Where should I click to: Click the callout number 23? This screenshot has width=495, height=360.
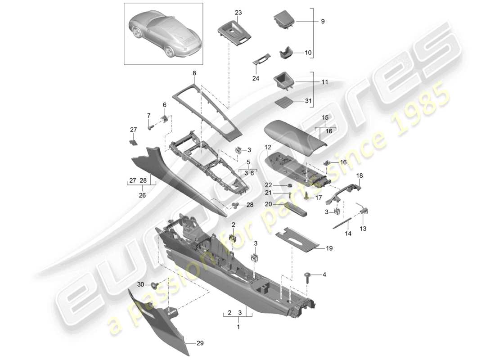(238, 13)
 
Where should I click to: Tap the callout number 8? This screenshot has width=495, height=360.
(194, 73)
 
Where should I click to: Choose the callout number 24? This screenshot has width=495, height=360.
(256, 77)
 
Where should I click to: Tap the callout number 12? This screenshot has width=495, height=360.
(268, 147)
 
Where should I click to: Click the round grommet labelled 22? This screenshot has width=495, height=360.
(289, 185)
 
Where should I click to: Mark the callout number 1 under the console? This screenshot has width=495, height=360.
(238, 327)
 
